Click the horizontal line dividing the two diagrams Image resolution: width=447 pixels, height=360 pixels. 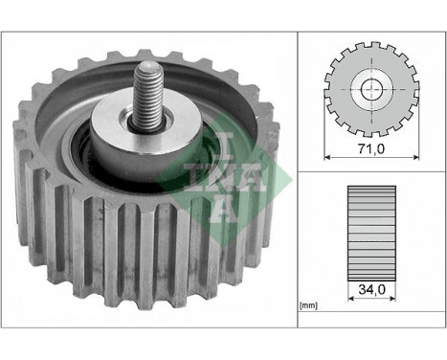(x=369, y=171)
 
